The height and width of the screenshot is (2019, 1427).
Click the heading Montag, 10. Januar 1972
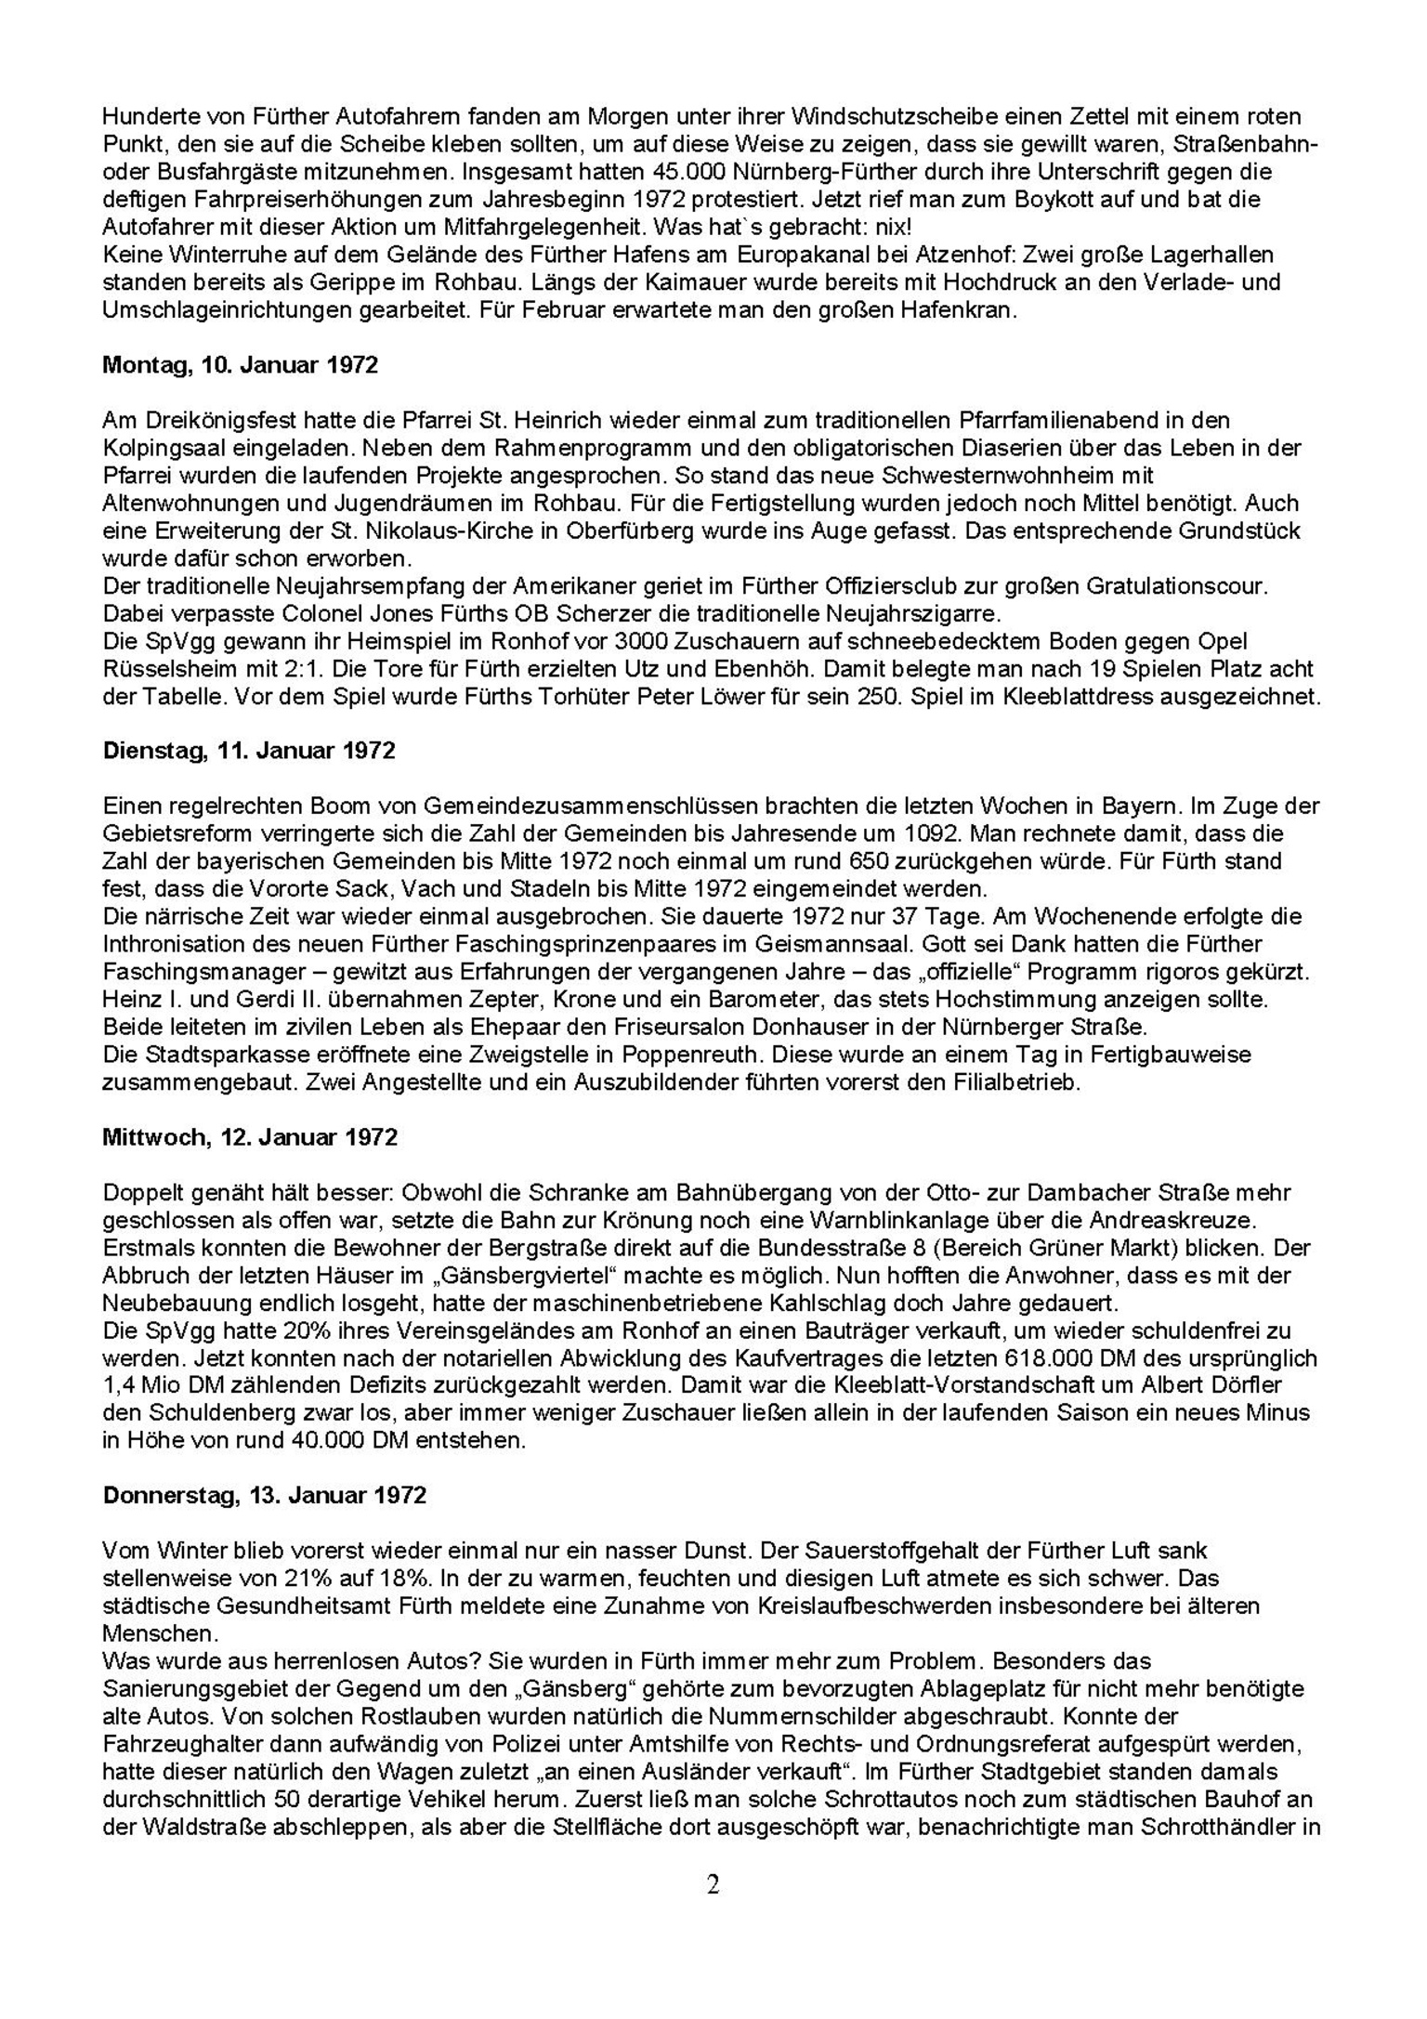tap(240, 365)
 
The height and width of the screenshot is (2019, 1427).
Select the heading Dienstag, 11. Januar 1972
tap(248, 750)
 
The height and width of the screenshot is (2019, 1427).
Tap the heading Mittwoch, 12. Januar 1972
tap(250, 1136)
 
